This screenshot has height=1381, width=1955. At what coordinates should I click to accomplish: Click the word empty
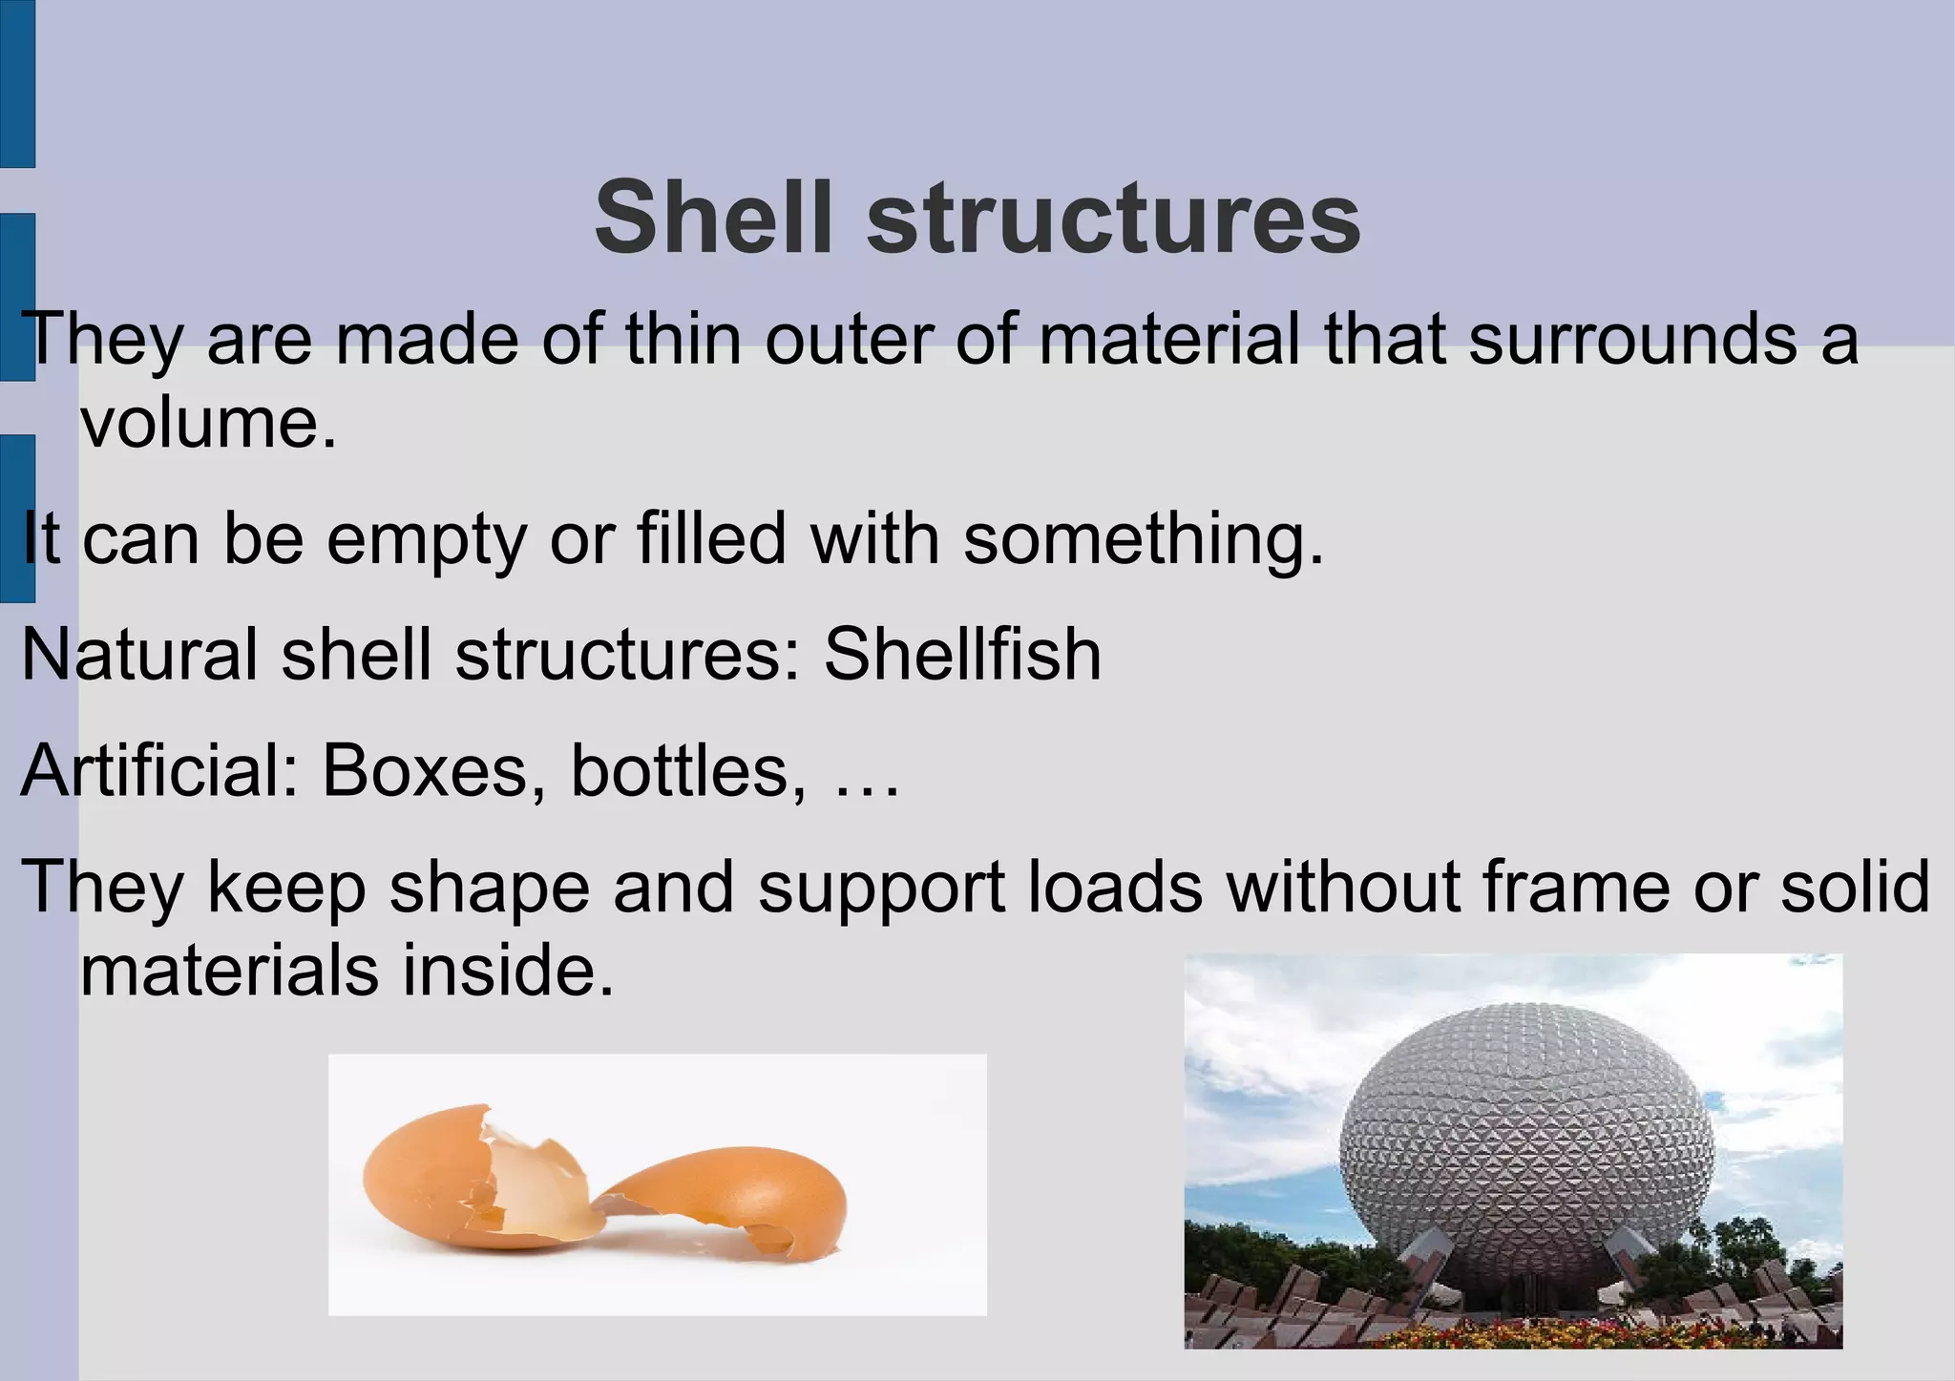426,540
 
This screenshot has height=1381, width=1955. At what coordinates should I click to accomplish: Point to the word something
1144,540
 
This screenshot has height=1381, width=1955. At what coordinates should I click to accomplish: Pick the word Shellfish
962,656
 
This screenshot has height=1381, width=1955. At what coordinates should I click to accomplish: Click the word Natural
139,656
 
